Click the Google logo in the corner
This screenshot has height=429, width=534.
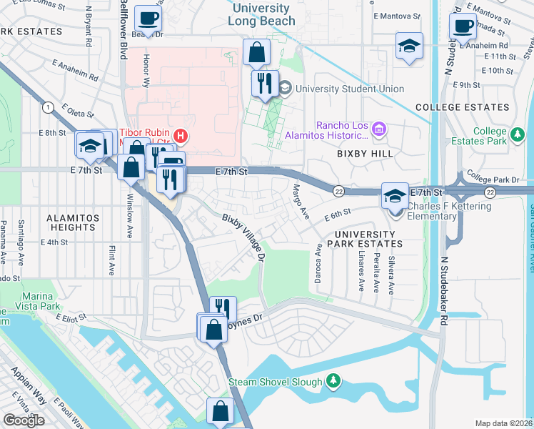tap(24, 420)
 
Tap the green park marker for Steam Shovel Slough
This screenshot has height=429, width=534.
tap(332, 381)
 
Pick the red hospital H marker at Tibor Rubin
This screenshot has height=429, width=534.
tap(181, 134)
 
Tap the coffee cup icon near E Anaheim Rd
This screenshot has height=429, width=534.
tap(463, 26)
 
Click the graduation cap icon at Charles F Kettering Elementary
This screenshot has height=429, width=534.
tap(394, 194)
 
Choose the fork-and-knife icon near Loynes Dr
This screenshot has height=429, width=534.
tap(223, 308)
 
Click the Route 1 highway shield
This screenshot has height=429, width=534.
tap(48, 107)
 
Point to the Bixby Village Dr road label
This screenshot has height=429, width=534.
tap(243, 236)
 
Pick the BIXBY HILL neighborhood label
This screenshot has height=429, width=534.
tap(363, 154)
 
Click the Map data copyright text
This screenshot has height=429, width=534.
tap(504, 423)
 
